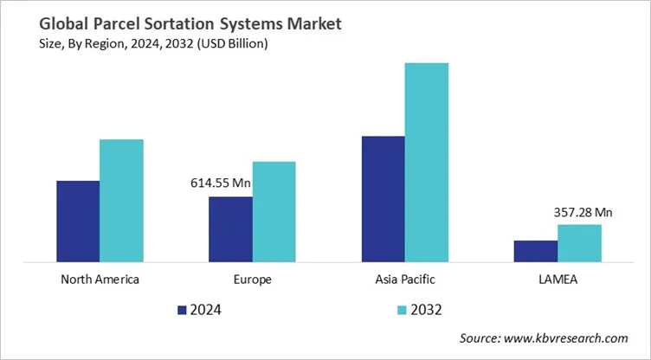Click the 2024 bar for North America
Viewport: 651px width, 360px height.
coord(78,221)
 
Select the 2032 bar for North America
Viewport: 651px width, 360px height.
coord(121,200)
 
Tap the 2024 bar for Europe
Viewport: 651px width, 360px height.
coord(230,228)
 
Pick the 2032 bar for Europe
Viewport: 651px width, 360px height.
coord(274,211)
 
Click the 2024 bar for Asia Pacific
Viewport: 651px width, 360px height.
coord(383,198)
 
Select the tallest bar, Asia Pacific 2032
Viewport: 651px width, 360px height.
coord(427,162)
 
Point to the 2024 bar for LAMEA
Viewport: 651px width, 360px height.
coord(536,250)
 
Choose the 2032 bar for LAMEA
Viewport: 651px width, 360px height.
coord(579,242)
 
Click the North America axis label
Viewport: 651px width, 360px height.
coord(100,280)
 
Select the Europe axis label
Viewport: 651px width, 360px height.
coord(252,280)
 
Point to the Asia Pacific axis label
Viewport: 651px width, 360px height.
coord(405,280)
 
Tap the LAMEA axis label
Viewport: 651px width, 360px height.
coord(558,280)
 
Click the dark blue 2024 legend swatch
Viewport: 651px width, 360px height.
coord(182,309)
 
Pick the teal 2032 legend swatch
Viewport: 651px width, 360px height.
coord(401,309)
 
